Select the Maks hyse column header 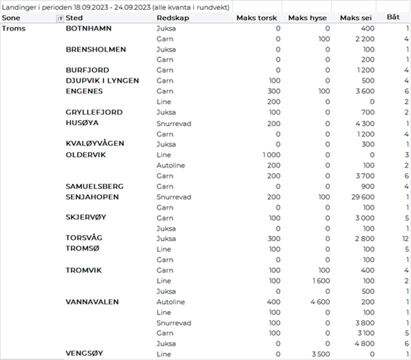click(x=308, y=18)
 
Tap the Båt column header click(x=393, y=18)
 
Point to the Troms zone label click(x=14, y=28)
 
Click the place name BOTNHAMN click(x=88, y=29)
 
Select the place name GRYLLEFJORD click(x=94, y=112)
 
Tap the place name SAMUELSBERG click(x=95, y=186)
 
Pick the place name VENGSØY click(x=84, y=353)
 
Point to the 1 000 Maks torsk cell click(x=271, y=155)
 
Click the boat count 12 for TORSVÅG click(x=405, y=239)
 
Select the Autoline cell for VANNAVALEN click(x=170, y=302)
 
